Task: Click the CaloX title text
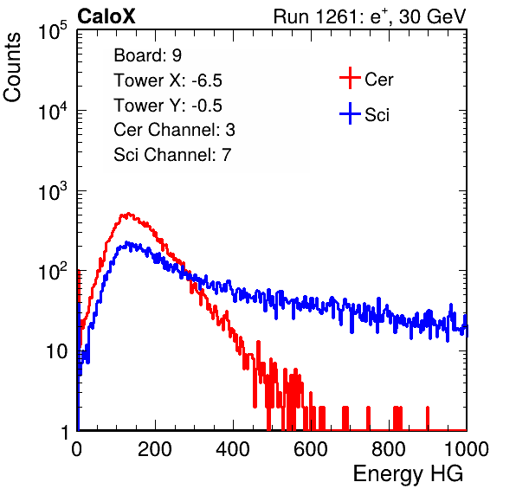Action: tap(106, 16)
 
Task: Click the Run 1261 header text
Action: tap(370, 16)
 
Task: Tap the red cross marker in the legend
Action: tap(350, 78)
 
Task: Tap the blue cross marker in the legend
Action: tap(350, 113)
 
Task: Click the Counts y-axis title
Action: tap(12, 67)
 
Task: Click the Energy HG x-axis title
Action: tap(408, 474)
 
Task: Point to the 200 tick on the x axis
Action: tap(155, 449)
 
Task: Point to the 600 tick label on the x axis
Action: tap(311, 449)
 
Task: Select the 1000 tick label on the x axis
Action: tap(467, 449)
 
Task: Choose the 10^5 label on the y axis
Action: tap(52, 31)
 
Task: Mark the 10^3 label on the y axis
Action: tap(52, 191)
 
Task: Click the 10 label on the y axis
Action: tap(56, 351)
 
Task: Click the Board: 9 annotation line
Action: tap(147, 55)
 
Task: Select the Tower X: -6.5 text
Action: tap(168, 80)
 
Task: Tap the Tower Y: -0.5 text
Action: tap(168, 106)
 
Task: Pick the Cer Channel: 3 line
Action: tap(174, 130)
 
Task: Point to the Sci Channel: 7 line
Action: tap(172, 155)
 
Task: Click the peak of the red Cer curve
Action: tap(128, 214)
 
